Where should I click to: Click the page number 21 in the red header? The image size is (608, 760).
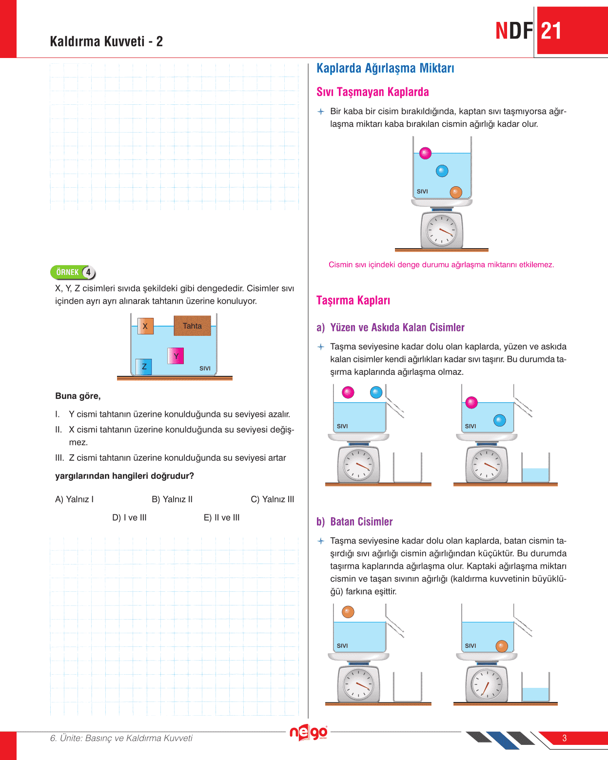point(551,31)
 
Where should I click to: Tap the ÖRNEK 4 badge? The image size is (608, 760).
point(73,272)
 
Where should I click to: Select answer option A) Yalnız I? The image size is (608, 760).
point(74,499)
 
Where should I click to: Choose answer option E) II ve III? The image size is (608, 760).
point(221,518)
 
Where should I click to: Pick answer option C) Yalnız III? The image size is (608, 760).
point(272,499)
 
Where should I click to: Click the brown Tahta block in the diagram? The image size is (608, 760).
point(192,326)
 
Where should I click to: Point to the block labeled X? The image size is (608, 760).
point(145,326)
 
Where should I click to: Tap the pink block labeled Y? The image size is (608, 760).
point(176,356)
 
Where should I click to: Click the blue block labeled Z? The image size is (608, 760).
point(144,367)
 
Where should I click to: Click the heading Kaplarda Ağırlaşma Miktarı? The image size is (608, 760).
point(385,68)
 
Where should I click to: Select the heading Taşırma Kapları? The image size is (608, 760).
point(353,300)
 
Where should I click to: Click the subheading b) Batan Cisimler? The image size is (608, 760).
point(354,522)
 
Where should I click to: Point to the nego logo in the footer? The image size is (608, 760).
point(308,732)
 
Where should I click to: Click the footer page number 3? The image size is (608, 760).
point(564,738)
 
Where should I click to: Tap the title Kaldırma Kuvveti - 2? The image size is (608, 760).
point(106,41)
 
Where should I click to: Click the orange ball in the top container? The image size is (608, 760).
point(456,192)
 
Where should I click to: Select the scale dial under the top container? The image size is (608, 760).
point(442,230)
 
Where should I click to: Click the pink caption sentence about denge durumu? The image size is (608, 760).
point(441,265)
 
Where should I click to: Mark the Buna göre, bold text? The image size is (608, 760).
point(78,396)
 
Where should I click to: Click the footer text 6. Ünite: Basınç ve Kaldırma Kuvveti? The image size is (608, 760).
point(121,738)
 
